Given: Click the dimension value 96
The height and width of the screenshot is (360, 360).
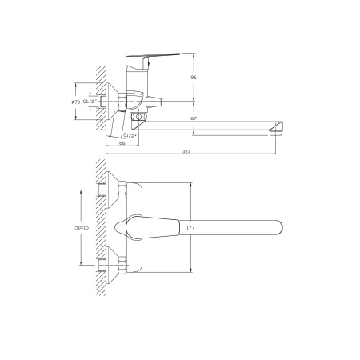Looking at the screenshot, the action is click(194, 78).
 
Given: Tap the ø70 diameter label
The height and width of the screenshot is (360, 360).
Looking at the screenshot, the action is click(76, 102).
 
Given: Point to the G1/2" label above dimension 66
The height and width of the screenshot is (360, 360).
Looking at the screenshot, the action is click(130, 135).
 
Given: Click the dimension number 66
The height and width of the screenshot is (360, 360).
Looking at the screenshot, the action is click(122, 143).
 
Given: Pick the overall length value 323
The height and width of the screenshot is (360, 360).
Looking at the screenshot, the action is click(186, 151).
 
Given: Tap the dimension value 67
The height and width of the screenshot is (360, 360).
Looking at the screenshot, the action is click(194, 118).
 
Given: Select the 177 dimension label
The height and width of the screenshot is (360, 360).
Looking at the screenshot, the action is click(190, 227).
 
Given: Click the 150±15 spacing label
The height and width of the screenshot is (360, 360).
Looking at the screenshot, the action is click(81, 227).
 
